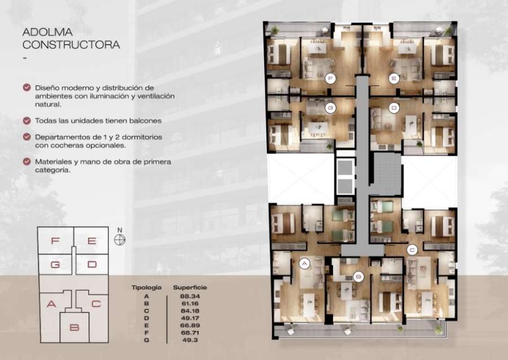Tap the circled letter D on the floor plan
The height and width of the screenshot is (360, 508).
click(x=394, y=107)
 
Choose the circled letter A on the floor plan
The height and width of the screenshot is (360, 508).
click(x=304, y=262)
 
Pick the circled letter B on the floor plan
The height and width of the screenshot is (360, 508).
click(x=357, y=276)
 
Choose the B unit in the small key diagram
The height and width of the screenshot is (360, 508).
click(x=74, y=327)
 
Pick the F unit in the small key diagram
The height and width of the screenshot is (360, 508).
click(x=55, y=241)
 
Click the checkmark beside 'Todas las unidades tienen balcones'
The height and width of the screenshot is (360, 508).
click(x=27, y=121)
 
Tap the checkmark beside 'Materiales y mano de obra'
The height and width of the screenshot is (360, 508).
click(x=27, y=161)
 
